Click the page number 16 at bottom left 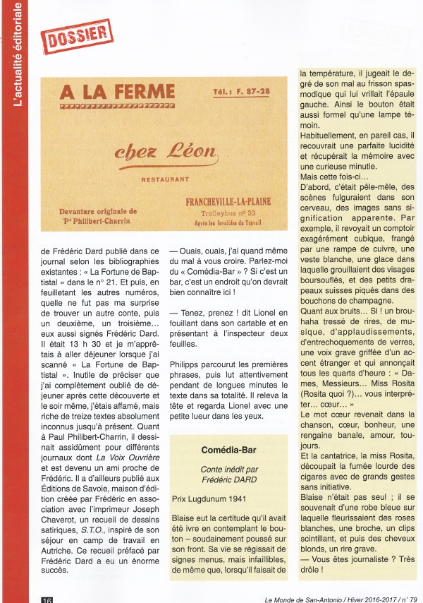pos(46,597)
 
